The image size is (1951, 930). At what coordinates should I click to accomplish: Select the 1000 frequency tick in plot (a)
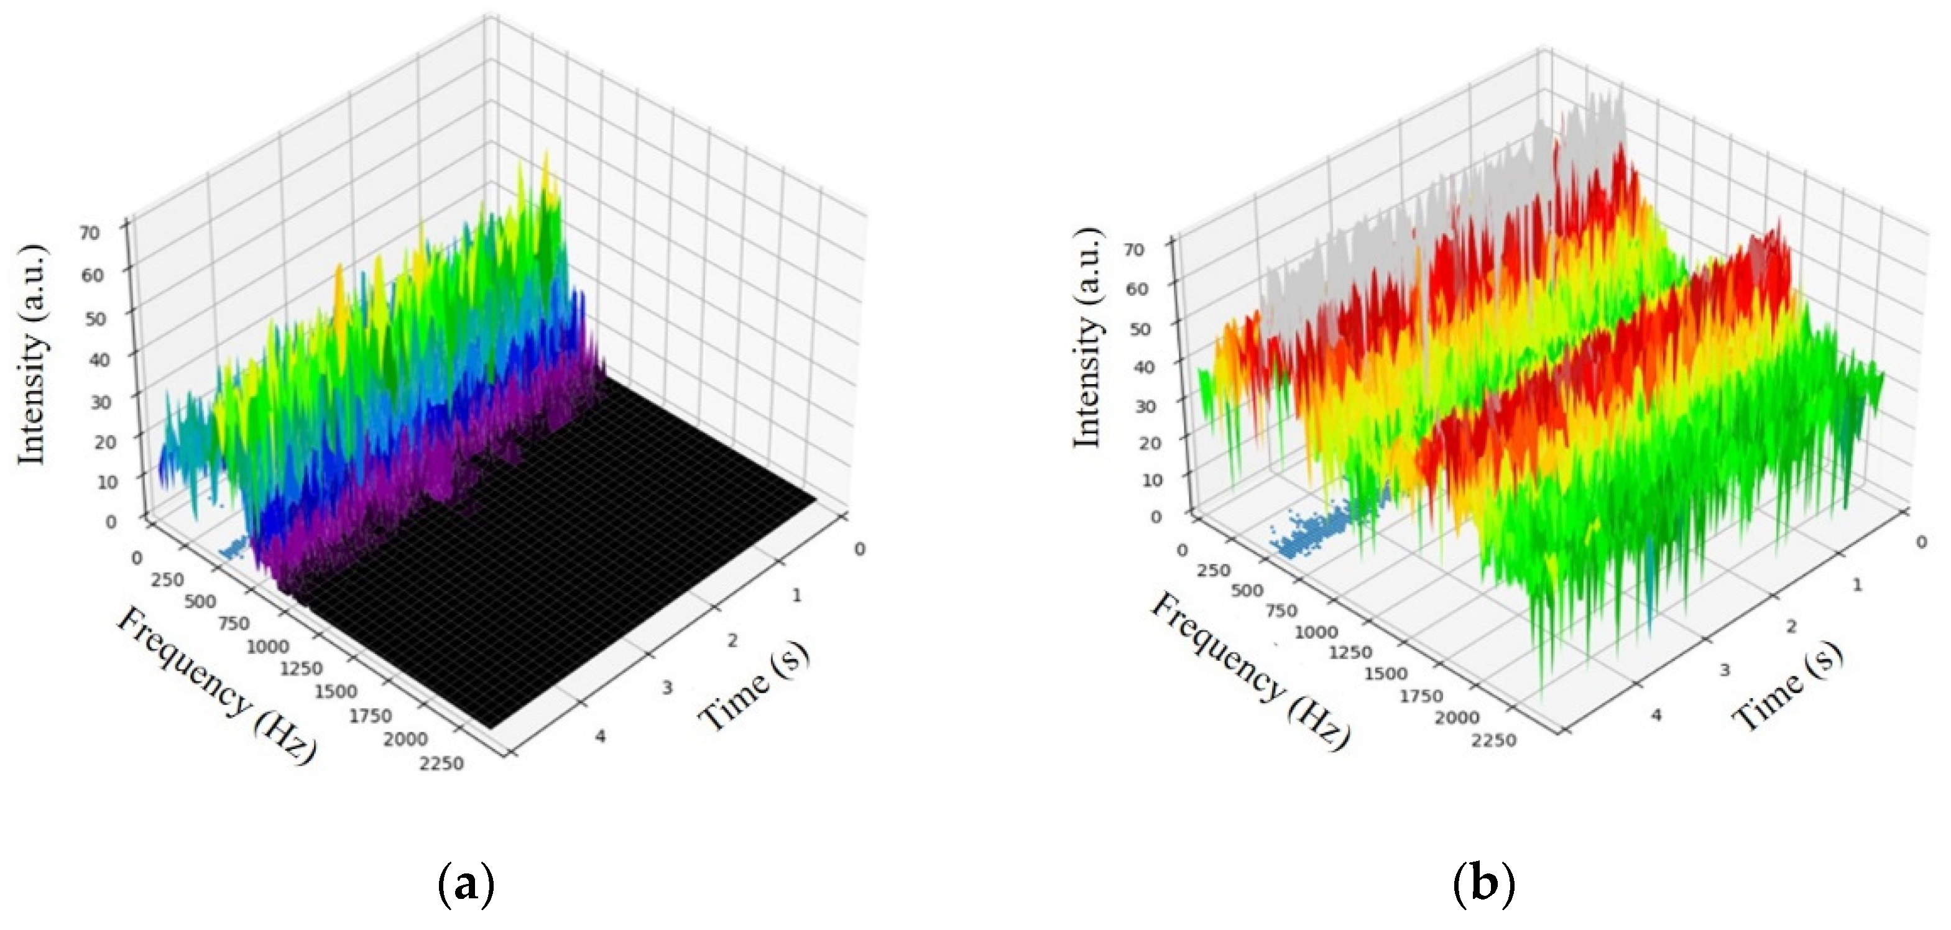pyautogui.click(x=267, y=646)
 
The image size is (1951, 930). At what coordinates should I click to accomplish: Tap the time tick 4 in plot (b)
pyautogui.click(x=1656, y=714)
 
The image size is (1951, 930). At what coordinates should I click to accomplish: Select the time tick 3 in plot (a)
pyautogui.click(x=667, y=688)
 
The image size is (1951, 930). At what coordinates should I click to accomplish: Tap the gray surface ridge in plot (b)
pyautogui.click(x=1439, y=190)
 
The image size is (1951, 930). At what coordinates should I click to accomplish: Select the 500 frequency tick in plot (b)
pyautogui.click(x=1247, y=590)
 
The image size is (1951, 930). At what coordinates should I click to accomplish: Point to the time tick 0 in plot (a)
pyautogui.click(x=859, y=549)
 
